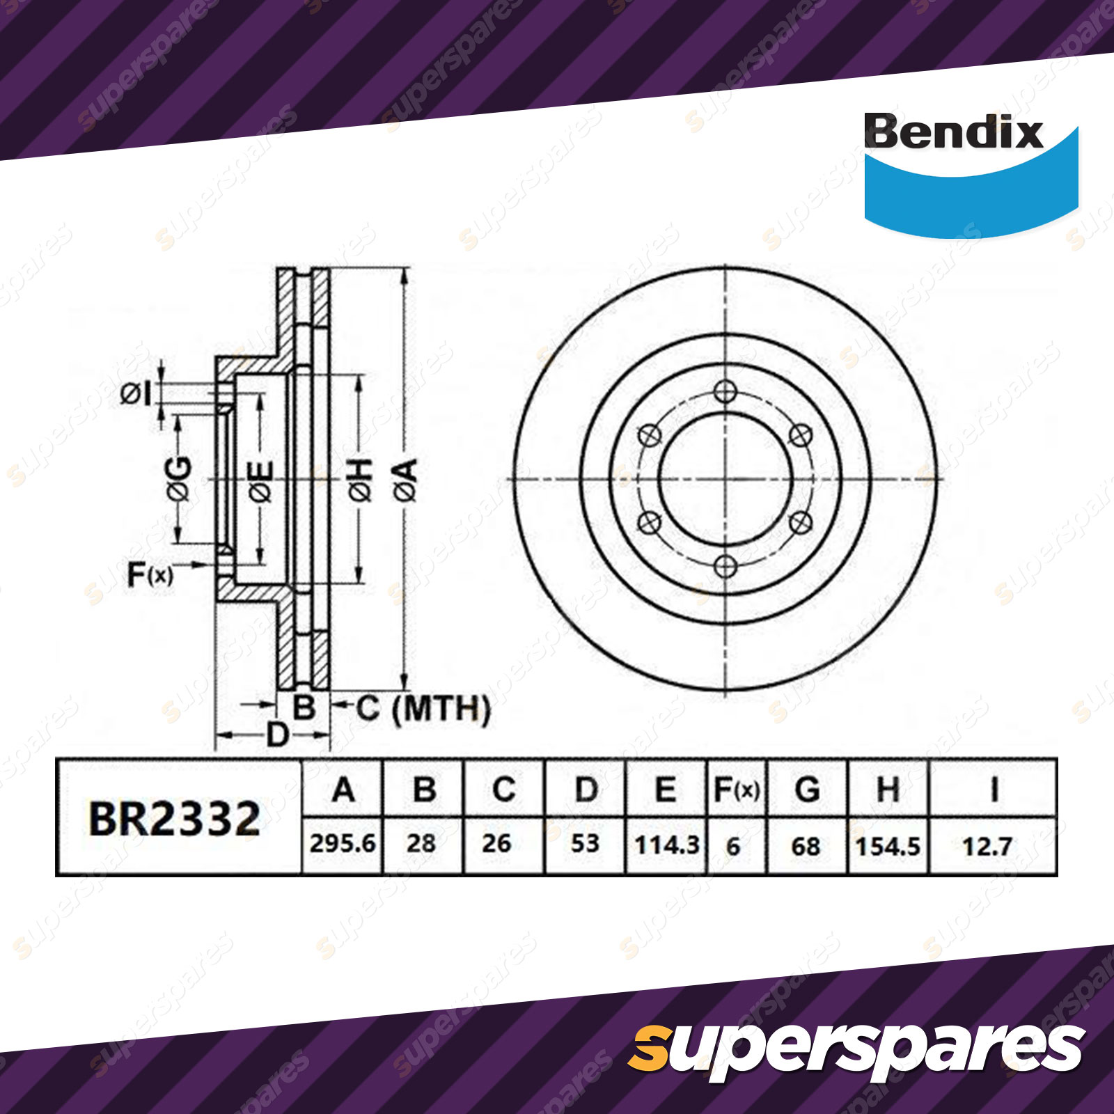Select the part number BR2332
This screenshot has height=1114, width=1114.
click(175, 819)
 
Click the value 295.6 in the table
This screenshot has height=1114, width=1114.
click(343, 844)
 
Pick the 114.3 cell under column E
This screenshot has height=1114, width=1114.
click(666, 845)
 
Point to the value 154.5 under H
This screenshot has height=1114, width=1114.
click(888, 847)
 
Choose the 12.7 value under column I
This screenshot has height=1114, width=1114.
click(987, 847)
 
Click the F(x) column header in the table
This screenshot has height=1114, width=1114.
click(737, 790)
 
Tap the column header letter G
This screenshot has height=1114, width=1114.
click(807, 790)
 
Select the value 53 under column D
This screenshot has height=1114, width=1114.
click(585, 844)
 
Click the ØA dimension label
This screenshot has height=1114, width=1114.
click(405, 480)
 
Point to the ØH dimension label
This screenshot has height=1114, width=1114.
click(361, 480)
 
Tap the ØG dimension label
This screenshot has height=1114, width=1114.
click(179, 479)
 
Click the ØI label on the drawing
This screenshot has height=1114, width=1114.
click(135, 394)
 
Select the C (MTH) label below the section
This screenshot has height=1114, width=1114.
click(423, 709)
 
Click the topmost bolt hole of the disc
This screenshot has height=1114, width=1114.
click(725, 392)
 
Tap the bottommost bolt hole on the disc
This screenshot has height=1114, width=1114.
click(725, 566)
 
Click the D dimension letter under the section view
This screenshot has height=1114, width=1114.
click(277, 735)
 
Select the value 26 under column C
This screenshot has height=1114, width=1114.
click(496, 844)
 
